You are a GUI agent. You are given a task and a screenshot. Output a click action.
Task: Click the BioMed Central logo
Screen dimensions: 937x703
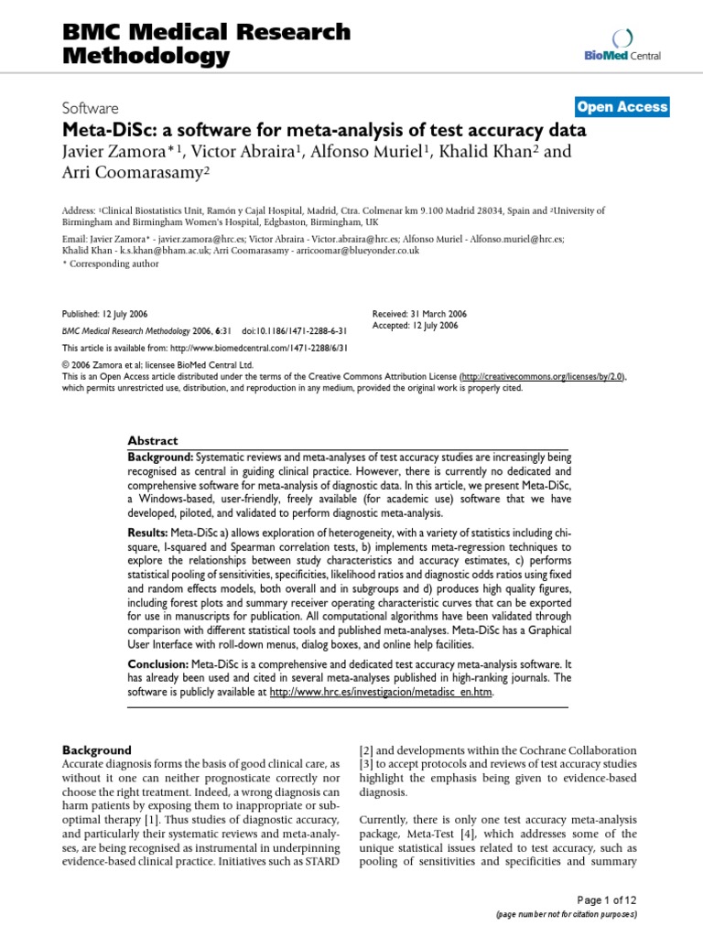622,46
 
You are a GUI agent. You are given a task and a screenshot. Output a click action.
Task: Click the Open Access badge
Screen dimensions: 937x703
622,107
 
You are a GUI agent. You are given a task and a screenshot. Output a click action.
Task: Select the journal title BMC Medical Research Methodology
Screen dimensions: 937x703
205,44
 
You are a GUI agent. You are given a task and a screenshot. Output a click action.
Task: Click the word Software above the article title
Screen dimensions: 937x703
91,108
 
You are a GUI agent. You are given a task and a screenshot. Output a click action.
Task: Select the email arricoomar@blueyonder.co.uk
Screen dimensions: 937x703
348,250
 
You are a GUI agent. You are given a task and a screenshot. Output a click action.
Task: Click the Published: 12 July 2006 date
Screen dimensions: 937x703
102,312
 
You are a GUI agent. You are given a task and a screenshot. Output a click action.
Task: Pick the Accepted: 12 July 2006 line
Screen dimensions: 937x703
416,325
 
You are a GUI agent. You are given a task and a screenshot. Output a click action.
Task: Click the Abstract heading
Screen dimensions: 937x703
154,440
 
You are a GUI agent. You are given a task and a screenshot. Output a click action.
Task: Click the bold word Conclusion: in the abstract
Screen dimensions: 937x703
158,662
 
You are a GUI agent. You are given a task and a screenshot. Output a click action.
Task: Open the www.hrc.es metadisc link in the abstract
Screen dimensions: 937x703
382,693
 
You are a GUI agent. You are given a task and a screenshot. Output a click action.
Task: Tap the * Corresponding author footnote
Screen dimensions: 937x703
111,264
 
